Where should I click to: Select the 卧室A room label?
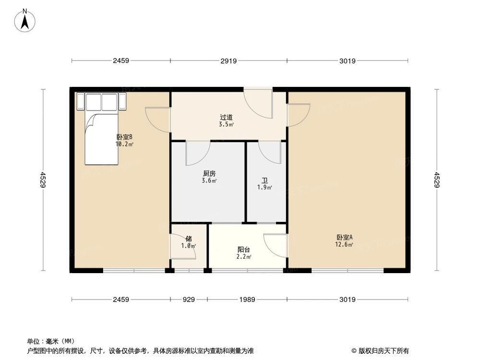(344, 237)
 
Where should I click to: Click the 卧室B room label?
(124, 136)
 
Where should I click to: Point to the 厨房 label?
(209, 174)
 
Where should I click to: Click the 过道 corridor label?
(227, 117)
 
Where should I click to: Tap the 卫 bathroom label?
(264, 180)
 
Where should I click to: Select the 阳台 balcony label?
(243, 250)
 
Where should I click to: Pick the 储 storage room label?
(189, 239)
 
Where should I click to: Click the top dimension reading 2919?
(229, 61)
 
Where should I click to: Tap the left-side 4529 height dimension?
(43, 180)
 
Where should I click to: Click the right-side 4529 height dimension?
(437, 180)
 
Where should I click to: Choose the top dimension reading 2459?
(121, 61)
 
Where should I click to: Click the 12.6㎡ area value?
(344, 244)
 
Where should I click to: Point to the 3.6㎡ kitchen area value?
(209, 181)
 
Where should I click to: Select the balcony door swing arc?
(276, 245)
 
